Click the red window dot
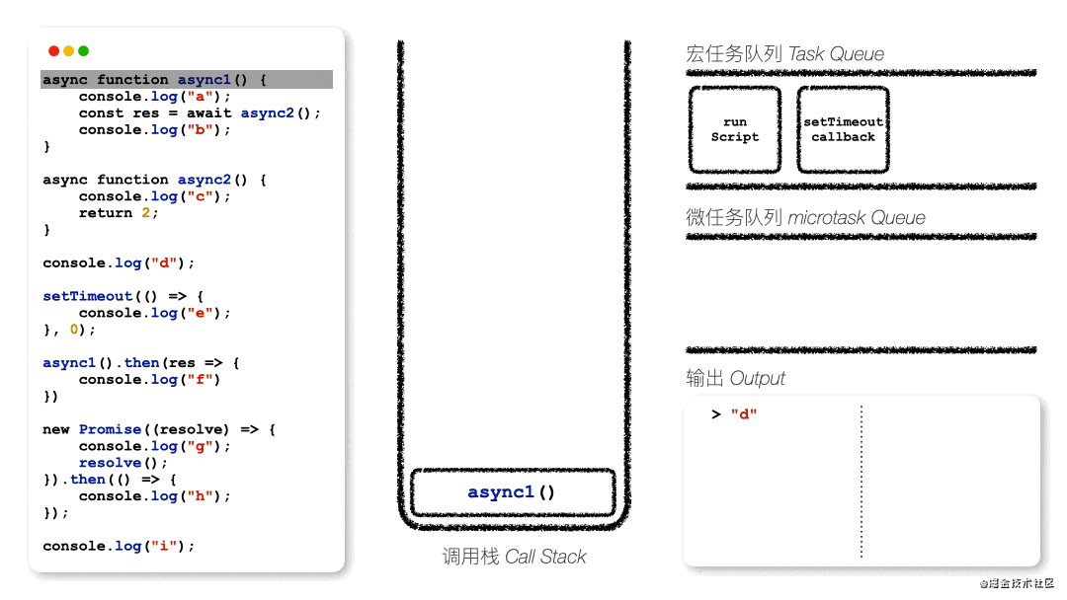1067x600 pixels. coord(53,51)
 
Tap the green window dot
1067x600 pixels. coord(84,51)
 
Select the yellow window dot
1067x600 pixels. coord(68,51)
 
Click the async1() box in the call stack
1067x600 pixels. coord(512,492)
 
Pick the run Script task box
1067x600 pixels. coord(735,129)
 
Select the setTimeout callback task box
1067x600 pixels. coord(843,129)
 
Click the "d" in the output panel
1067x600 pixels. coord(744,414)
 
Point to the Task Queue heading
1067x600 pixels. coord(784,54)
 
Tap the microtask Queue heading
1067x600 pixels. coord(805,218)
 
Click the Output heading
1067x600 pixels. coord(735,379)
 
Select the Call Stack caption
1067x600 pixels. coord(514,558)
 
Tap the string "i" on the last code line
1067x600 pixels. coord(173,546)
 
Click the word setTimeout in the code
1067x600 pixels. coord(87,296)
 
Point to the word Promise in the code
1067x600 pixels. coord(110,429)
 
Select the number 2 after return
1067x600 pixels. coord(145,213)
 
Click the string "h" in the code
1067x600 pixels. coord(208,496)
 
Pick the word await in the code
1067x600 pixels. coord(208,113)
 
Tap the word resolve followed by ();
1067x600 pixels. coord(110,463)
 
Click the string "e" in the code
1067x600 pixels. coord(208,313)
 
